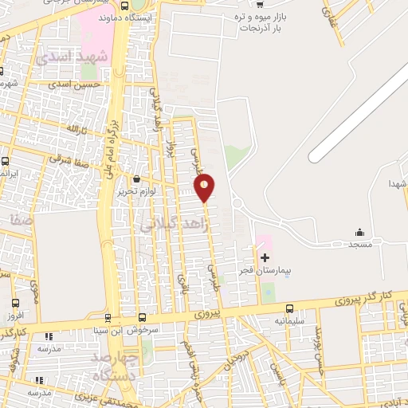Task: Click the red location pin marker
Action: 205,187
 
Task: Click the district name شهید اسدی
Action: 78,57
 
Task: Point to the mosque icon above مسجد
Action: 359,233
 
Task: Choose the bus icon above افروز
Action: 17,303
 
